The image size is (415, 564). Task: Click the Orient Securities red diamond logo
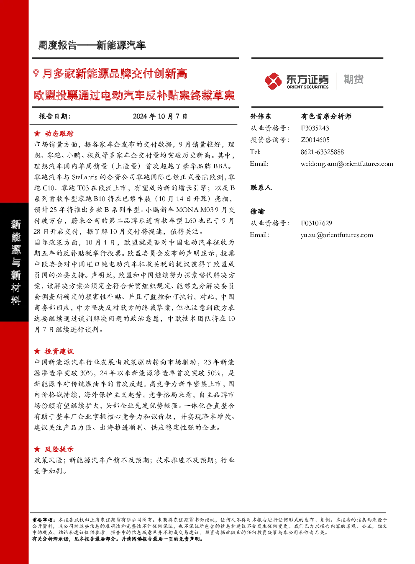(x=273, y=81)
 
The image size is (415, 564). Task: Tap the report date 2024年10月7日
(x=160, y=116)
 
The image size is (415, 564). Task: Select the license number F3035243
(x=315, y=128)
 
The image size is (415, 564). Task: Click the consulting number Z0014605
(x=315, y=140)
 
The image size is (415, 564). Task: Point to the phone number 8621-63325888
(x=322, y=152)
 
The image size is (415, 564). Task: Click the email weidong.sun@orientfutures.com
(x=347, y=164)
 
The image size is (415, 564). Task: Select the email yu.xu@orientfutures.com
(x=337, y=235)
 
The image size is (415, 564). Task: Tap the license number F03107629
(x=316, y=223)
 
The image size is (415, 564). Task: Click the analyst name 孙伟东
(x=261, y=116)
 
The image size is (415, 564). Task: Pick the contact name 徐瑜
(x=257, y=211)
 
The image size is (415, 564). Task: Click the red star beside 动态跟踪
(x=37, y=134)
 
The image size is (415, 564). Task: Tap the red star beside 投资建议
(x=37, y=351)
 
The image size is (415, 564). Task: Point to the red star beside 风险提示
(x=37, y=449)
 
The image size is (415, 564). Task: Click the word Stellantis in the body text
(x=85, y=177)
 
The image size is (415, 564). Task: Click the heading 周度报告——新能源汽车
(x=92, y=45)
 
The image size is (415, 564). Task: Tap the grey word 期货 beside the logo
(x=354, y=79)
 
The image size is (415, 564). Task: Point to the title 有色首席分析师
(x=326, y=116)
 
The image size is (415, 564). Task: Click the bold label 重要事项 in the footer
(x=42, y=520)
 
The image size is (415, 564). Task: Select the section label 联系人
(x=261, y=188)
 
